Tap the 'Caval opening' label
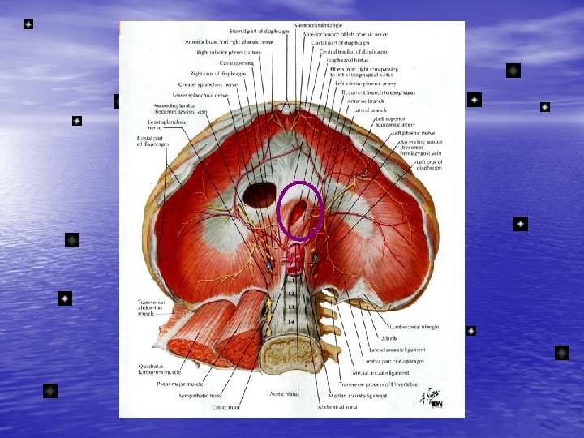[238, 62]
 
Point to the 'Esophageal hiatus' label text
[348, 60]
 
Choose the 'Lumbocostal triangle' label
[413, 327]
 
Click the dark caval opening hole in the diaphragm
[260, 195]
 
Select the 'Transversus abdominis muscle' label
[152, 307]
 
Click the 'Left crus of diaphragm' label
[430, 165]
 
